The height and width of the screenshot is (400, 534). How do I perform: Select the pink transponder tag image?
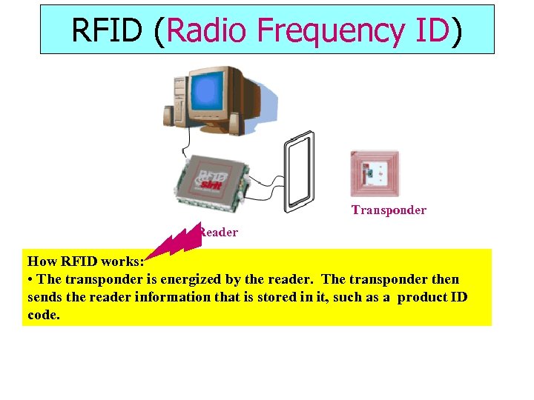pos(375,174)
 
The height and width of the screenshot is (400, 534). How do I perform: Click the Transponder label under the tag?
pos(389,210)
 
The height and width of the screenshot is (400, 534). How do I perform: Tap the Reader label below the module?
pos(219,233)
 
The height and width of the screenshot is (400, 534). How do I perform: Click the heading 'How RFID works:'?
pos(85,261)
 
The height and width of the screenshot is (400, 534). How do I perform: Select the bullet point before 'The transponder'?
pos(30,280)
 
